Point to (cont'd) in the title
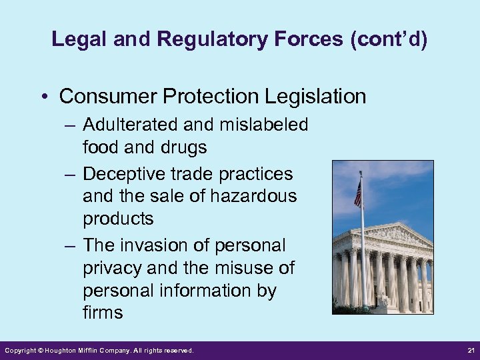(388, 39)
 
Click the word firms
(103, 313)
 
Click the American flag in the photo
(358, 193)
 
